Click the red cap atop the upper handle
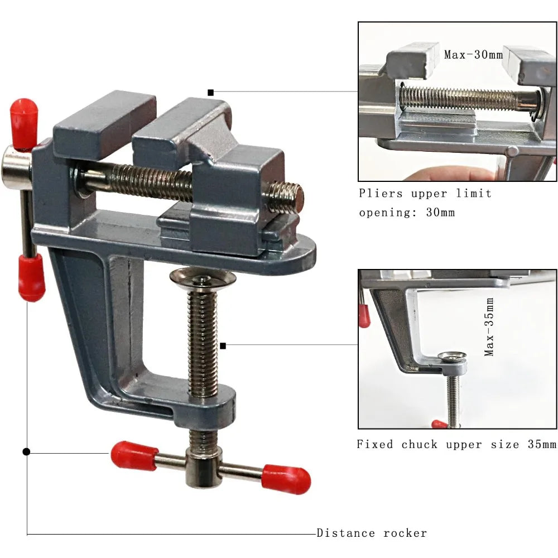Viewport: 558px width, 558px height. [23, 123]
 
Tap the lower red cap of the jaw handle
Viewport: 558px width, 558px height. [31, 277]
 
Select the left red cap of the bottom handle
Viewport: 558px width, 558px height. [134, 455]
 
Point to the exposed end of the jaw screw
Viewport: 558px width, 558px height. [291, 197]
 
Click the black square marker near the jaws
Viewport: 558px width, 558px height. [210, 92]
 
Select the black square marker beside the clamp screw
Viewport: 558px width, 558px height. [223, 346]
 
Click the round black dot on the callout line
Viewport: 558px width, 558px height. [26, 451]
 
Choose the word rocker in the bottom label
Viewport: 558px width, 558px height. [405, 533]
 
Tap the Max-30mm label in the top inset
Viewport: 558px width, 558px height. [473, 55]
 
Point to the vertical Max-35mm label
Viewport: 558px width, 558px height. [489, 326]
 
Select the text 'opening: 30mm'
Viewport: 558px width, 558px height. [407, 213]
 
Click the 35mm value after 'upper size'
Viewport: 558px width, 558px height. [541, 445]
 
